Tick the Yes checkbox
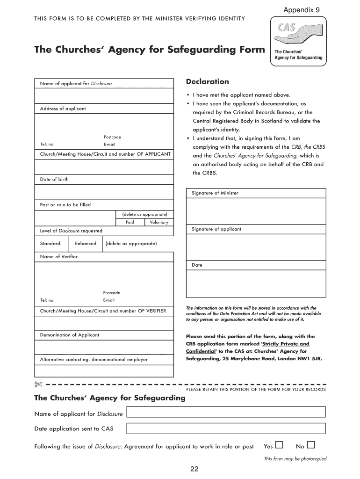point(279,444)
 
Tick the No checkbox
point(311,444)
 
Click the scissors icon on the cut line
point(38,385)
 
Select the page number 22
point(194,470)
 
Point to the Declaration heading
point(208,81)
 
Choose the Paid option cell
point(130,222)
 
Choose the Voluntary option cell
point(159,222)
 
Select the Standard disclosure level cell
point(50,243)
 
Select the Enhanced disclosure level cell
point(86,243)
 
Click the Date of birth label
point(54,179)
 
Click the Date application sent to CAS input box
point(226,428)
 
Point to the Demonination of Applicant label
point(70,335)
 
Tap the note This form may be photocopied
point(295,459)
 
